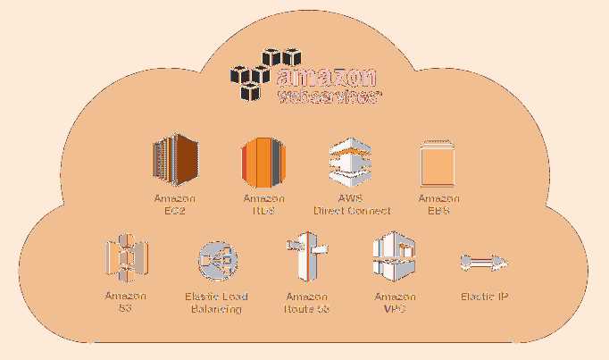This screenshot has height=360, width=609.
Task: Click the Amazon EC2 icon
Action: click(175, 162)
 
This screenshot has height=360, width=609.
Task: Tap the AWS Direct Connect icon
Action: click(350, 162)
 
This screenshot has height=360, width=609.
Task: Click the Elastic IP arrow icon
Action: click(483, 262)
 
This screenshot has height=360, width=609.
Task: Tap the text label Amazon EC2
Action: click(175, 205)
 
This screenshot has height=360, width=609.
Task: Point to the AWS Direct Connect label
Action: click(352, 205)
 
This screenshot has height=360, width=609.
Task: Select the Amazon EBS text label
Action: click(439, 205)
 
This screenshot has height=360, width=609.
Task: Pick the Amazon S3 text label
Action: click(125, 303)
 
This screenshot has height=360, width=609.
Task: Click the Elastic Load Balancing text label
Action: click(216, 303)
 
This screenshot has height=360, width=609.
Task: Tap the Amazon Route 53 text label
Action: click(306, 303)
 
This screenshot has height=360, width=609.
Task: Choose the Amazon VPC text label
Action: click(395, 303)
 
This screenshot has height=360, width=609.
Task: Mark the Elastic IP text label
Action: click(485, 297)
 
